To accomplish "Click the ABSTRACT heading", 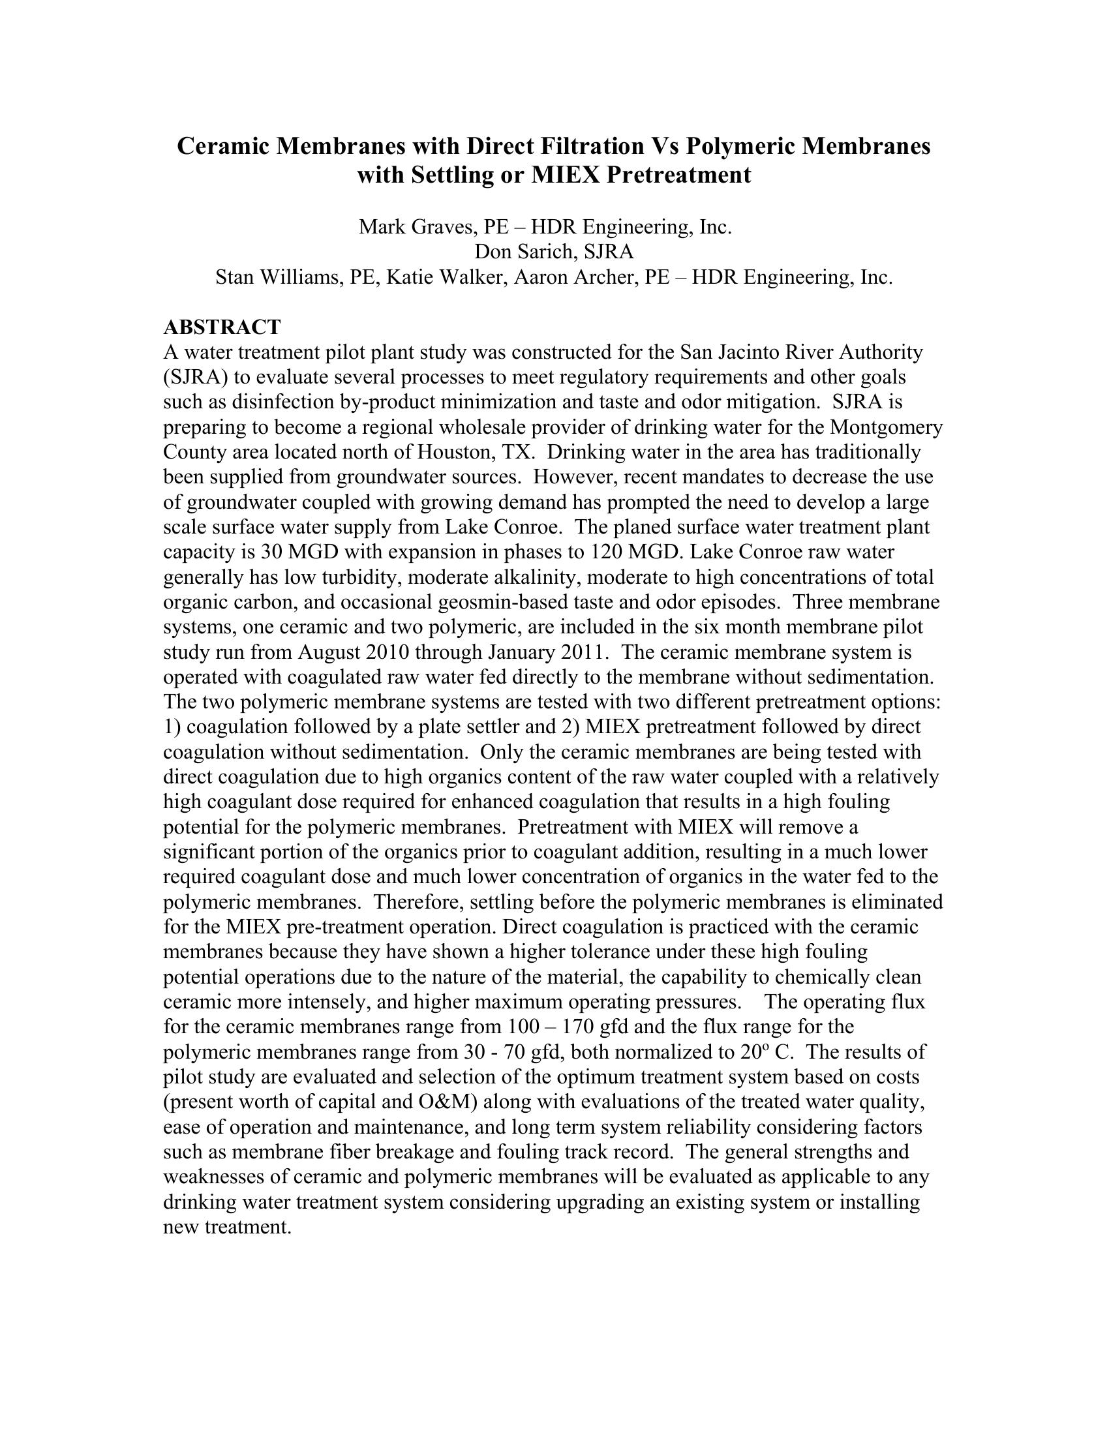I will (x=222, y=327).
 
